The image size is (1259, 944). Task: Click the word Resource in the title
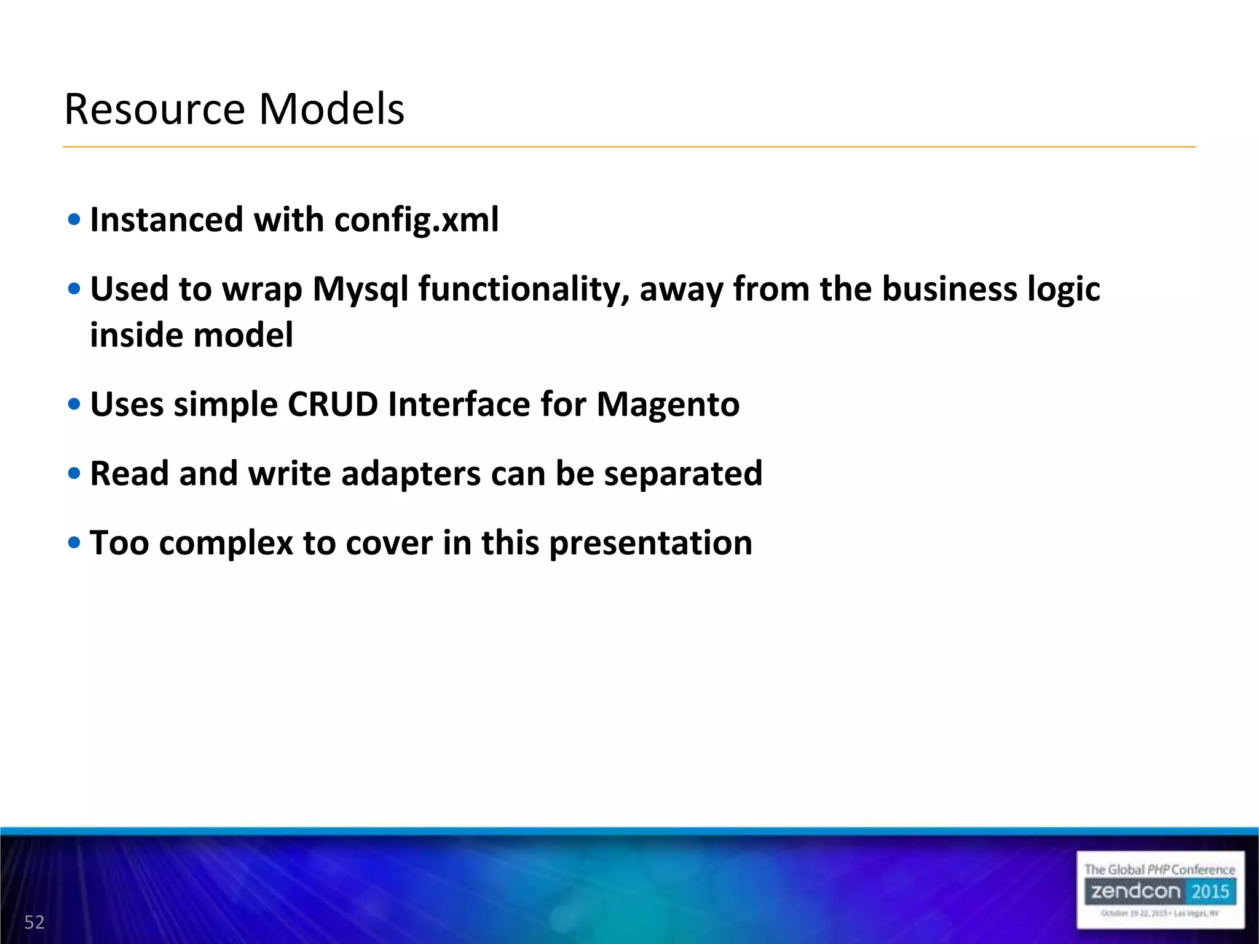(155, 109)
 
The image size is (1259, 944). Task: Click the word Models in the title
(331, 109)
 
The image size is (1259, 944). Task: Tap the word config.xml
(416, 220)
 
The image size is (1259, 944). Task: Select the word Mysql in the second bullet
(360, 289)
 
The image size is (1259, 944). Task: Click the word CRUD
(333, 404)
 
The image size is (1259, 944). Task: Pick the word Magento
(668, 404)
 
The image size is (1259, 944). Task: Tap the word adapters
(411, 474)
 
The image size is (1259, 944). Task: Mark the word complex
(226, 543)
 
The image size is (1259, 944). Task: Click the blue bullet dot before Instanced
(74, 220)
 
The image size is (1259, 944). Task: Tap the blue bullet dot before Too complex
(74, 543)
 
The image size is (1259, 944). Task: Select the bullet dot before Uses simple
(74, 404)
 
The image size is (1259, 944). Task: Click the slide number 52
(34, 922)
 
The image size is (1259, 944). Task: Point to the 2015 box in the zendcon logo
(1210, 891)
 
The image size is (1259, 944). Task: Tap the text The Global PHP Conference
(1159, 870)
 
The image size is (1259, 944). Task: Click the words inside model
(191, 336)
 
